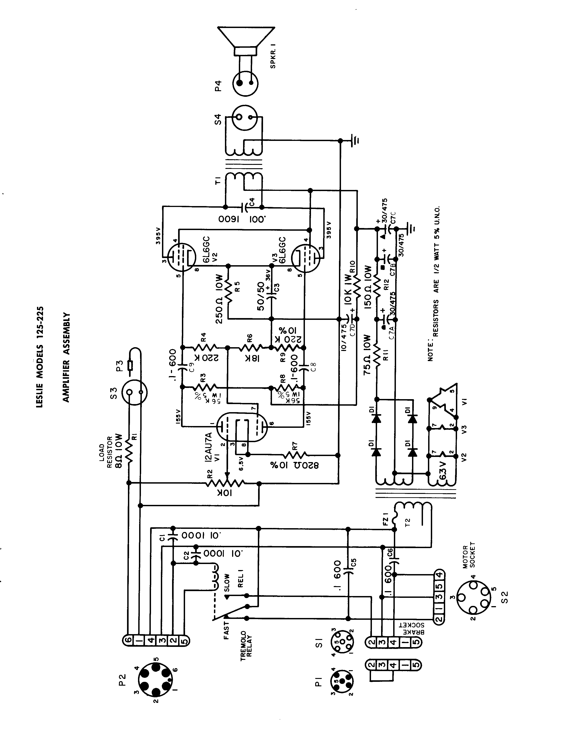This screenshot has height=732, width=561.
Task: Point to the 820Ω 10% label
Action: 294,465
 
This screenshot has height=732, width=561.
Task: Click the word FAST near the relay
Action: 227,630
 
